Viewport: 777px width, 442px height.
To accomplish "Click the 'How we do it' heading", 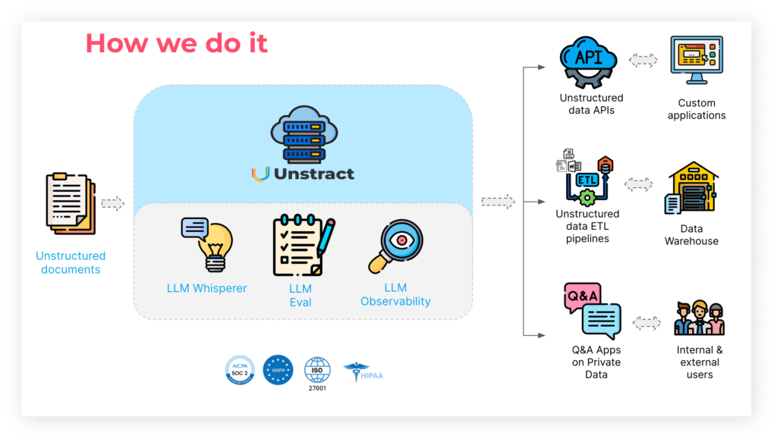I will [x=176, y=43].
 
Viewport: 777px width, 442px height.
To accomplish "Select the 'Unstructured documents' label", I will [x=71, y=262].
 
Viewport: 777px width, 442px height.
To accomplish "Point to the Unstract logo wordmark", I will [x=303, y=174].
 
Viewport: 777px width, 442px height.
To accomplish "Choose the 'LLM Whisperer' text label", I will [x=206, y=288].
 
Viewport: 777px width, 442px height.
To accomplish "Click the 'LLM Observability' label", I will [x=395, y=294].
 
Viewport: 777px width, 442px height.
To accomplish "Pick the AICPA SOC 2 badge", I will [x=240, y=370].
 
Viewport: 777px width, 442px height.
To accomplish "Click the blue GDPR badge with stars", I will [x=278, y=370].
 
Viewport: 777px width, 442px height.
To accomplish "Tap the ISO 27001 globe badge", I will [x=317, y=371].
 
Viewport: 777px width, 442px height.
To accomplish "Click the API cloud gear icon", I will [x=589, y=61].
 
